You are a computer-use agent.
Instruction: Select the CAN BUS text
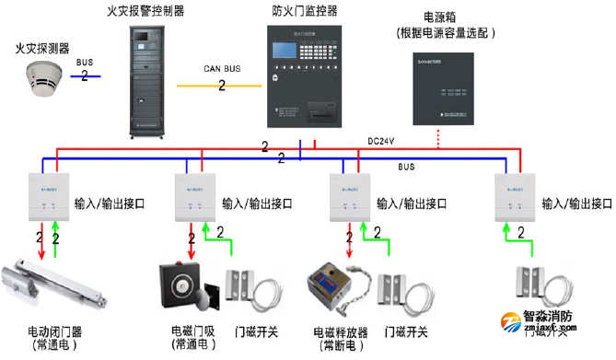tap(221, 69)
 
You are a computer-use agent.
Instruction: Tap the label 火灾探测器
tap(41, 46)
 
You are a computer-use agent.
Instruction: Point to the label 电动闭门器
tap(58, 330)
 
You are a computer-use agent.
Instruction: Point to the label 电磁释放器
tap(342, 331)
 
